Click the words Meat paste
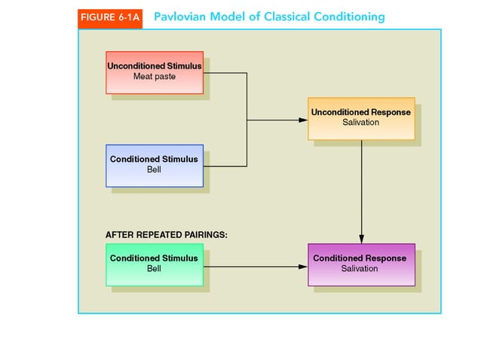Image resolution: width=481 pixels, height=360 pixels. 155,77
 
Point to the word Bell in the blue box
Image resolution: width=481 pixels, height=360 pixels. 154,170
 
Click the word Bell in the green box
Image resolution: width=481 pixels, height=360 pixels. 154,269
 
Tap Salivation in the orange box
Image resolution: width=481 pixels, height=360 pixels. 360,123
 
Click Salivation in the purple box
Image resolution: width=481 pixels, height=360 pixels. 360,269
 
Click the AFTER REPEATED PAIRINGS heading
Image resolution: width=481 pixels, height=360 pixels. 166,235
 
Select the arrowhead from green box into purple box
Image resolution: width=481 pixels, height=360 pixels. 303,266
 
